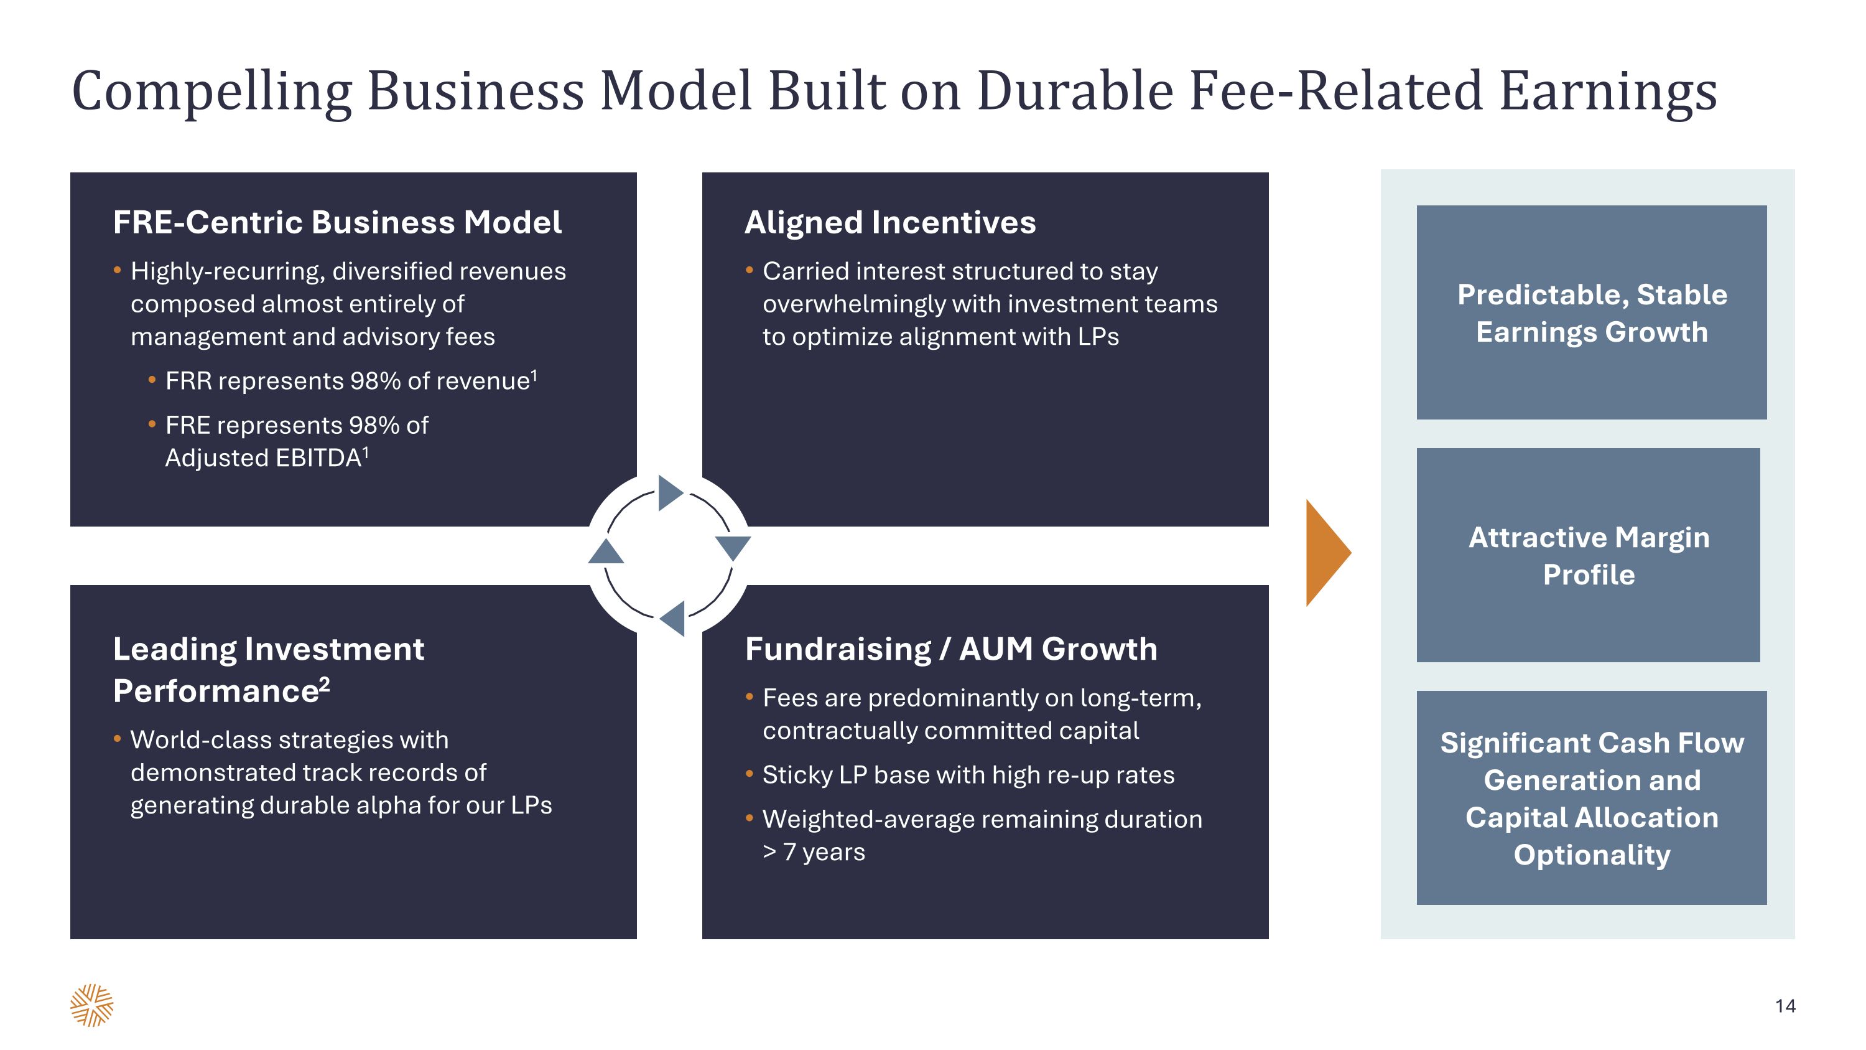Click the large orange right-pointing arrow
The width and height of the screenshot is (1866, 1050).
point(1325,552)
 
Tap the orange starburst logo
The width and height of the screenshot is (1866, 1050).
point(92,1005)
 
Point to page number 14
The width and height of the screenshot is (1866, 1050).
point(1785,1006)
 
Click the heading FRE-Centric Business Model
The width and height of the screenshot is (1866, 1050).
point(337,222)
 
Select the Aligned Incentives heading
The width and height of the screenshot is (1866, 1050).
point(890,222)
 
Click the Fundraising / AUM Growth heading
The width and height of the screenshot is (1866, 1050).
point(951,649)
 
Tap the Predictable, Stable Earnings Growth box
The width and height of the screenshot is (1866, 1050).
point(1592,312)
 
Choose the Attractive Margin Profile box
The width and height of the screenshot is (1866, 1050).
point(1588,555)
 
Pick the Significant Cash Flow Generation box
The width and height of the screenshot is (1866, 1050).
point(1592,798)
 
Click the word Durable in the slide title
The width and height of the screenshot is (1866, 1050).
point(1075,91)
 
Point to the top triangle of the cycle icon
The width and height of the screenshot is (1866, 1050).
point(671,493)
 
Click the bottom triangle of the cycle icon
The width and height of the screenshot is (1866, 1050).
point(672,619)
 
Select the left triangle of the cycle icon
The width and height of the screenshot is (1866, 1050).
point(606,551)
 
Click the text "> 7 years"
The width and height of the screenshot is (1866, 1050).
point(814,852)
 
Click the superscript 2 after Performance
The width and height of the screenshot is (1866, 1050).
point(325,683)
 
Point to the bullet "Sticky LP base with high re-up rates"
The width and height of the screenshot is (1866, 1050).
point(968,776)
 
